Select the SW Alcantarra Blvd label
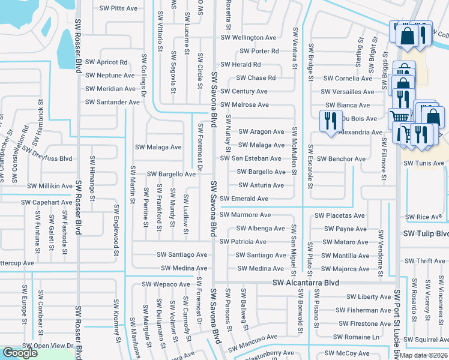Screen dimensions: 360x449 pyautogui.click(x=306, y=283)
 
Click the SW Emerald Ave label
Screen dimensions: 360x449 pyautogui.click(x=244, y=199)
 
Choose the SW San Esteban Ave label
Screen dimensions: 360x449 pyautogui.click(x=250, y=158)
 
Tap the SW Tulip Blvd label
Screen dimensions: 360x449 pyautogui.click(x=426, y=233)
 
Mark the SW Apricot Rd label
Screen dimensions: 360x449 pyautogui.click(x=106, y=62)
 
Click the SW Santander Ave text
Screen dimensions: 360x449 pyautogui.click(x=112, y=102)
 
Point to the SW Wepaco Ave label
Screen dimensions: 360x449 pyautogui.click(x=166, y=284)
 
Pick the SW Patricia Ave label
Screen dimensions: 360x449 pyautogui.click(x=243, y=242)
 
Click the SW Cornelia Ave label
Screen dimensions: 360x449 pyautogui.click(x=348, y=78)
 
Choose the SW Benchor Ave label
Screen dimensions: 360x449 pyautogui.click(x=340, y=159)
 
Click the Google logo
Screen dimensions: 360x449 pyautogui.click(x=20, y=353)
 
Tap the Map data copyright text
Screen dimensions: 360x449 pyautogui.click(x=424, y=355)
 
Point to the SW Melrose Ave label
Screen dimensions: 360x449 pyautogui.click(x=244, y=105)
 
